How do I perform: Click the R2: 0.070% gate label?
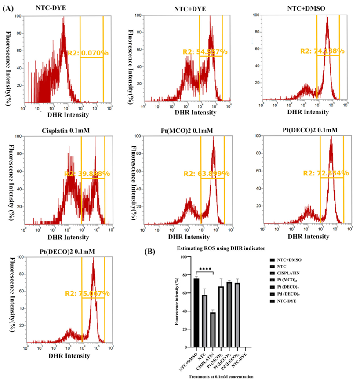coord(87,53)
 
